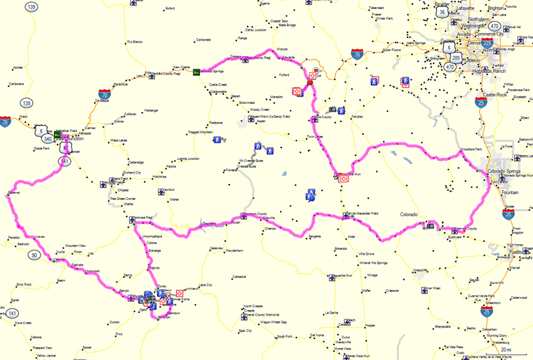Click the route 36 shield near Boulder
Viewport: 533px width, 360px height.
click(x=441, y=12)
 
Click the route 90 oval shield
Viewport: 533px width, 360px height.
click(x=34, y=256)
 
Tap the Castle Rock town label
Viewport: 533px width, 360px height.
click(x=494, y=93)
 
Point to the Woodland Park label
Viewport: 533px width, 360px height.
click(x=470, y=149)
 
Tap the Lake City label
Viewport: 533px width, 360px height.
click(x=205, y=285)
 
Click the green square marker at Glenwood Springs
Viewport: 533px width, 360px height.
click(x=197, y=71)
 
